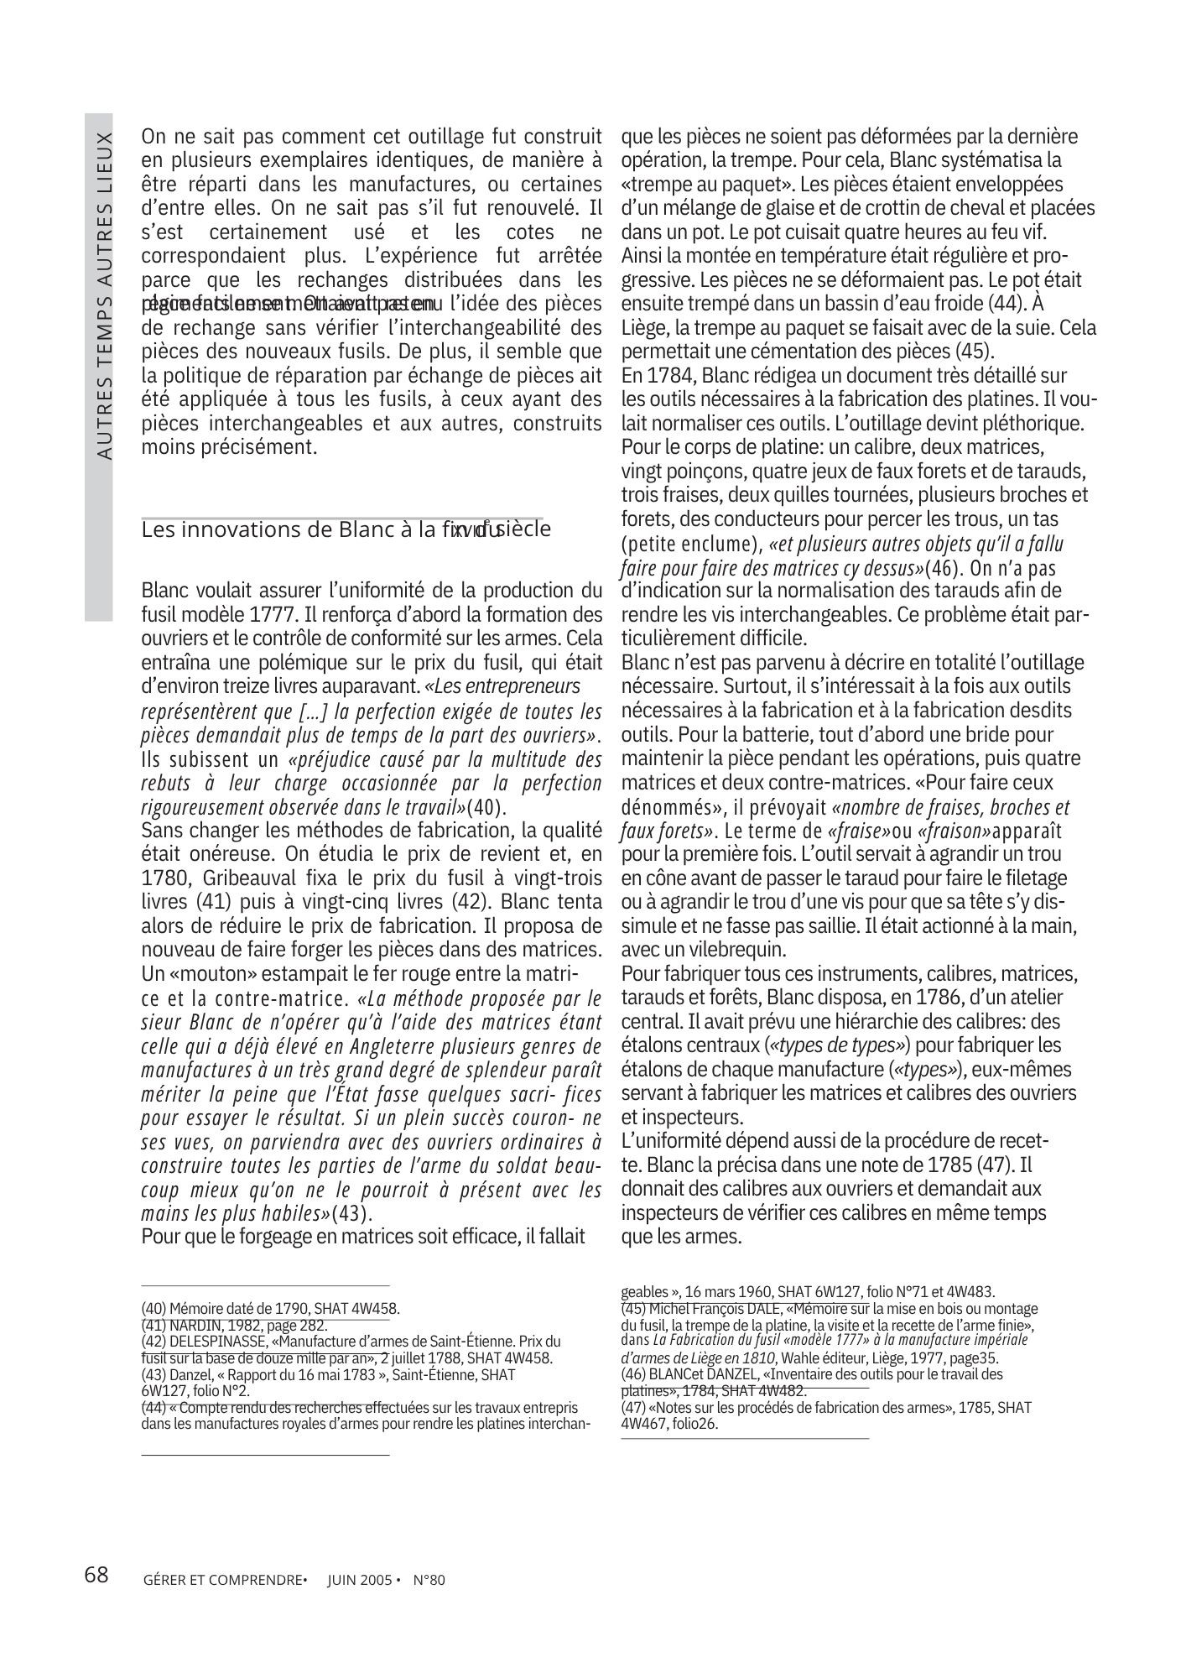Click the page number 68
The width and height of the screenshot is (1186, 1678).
point(96,1575)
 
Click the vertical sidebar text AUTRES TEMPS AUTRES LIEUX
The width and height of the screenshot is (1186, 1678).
point(104,294)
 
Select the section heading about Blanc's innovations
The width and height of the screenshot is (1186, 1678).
point(346,530)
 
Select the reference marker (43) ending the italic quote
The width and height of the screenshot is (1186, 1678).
point(351,1213)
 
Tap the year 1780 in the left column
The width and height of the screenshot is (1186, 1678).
point(161,878)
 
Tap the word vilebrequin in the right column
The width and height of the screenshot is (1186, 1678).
point(732,950)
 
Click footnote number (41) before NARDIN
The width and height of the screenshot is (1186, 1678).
point(153,1325)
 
